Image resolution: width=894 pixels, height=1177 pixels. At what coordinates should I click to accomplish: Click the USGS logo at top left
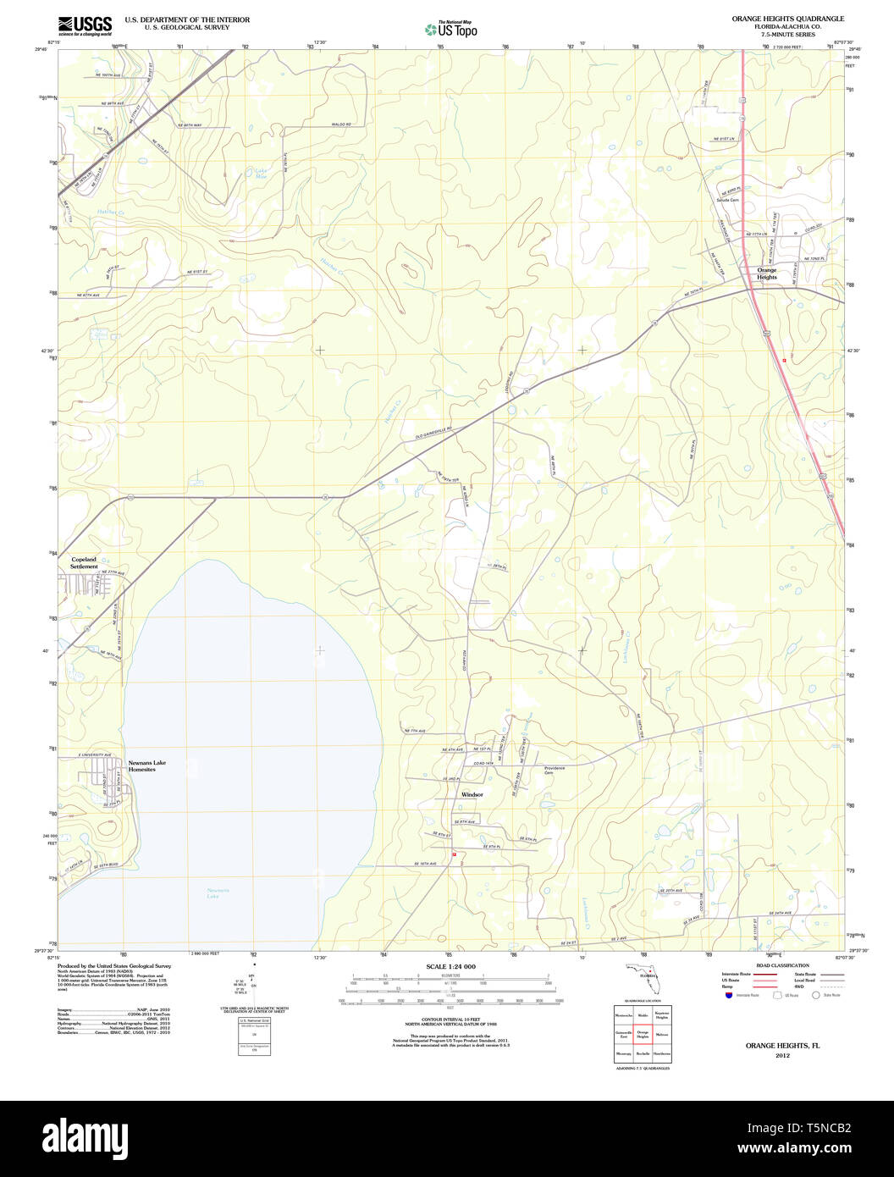[85, 25]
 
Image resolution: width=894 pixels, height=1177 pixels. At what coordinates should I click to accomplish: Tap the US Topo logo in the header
[450, 30]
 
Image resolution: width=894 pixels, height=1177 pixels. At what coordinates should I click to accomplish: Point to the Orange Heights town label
[766, 274]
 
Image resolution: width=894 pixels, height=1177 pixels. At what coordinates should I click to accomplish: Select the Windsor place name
[472, 794]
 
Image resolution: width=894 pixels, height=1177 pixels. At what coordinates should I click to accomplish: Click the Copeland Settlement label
[84, 563]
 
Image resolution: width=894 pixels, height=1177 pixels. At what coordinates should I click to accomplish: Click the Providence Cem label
[554, 771]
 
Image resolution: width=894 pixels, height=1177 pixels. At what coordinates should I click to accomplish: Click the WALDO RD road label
[341, 124]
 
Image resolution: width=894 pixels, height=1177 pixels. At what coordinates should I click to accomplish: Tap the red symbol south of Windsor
[454, 854]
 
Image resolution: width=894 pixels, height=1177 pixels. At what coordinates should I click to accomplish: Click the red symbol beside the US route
[784, 361]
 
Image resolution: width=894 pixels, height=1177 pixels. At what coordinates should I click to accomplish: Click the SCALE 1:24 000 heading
[450, 966]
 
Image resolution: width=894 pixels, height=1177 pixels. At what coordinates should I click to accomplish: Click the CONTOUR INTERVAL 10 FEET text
[450, 1022]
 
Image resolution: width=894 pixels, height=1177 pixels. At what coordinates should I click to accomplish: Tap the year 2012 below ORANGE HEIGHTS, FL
[782, 1057]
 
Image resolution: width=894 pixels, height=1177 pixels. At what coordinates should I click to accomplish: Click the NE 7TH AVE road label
[414, 731]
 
